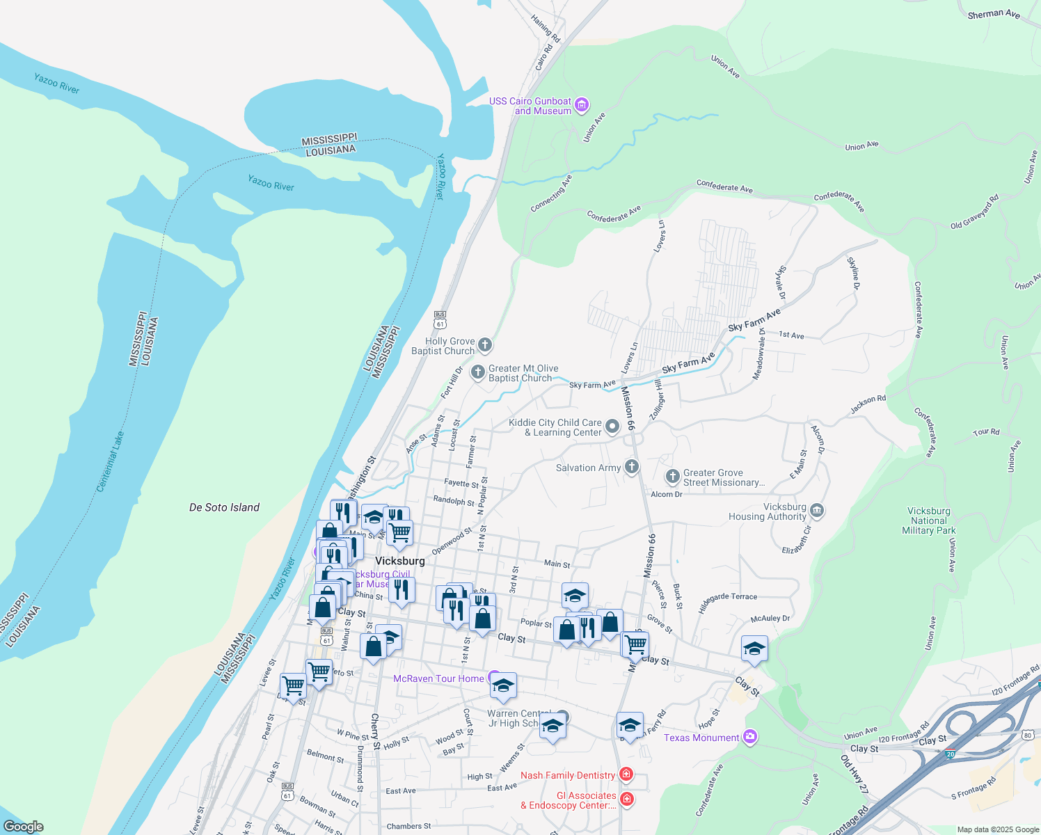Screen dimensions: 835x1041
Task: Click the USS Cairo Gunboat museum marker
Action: coord(582,105)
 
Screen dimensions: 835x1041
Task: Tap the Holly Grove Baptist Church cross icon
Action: coord(485,344)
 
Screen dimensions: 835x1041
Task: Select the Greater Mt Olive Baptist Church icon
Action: coord(478,372)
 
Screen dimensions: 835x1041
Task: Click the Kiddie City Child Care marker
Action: coord(612,427)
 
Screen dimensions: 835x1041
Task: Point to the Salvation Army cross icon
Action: coord(632,467)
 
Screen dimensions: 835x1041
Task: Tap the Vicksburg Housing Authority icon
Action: coord(817,511)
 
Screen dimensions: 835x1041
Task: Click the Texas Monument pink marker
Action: coord(749,736)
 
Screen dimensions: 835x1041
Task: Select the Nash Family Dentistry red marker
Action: coord(626,774)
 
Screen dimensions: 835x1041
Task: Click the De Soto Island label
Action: coord(224,507)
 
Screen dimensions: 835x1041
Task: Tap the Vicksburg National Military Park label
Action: coord(929,520)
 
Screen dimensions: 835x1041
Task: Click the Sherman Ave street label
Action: coord(994,14)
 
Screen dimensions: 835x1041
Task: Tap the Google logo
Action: coord(23,826)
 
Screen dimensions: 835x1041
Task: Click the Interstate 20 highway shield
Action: coord(951,754)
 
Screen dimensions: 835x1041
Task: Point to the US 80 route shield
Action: coord(1028,735)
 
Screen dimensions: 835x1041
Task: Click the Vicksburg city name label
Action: coord(399,561)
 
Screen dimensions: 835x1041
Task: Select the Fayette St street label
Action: coord(461,483)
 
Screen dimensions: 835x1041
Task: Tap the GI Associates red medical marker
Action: coord(626,799)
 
